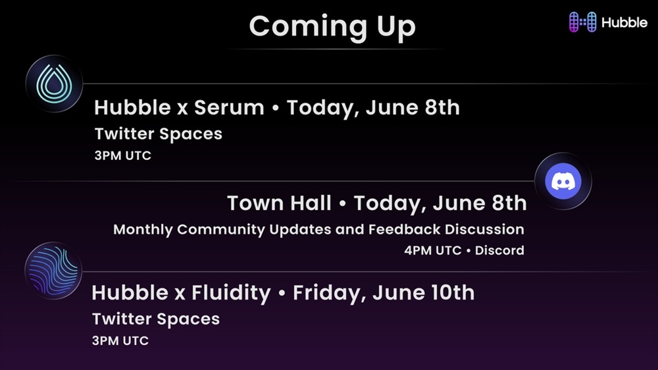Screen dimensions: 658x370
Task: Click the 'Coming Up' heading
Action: (x=332, y=27)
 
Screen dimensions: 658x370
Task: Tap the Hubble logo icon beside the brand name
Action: (x=582, y=22)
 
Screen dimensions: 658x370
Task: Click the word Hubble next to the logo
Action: (x=624, y=22)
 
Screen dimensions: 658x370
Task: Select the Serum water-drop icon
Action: (x=54, y=84)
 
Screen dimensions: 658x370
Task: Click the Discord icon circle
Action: (x=563, y=181)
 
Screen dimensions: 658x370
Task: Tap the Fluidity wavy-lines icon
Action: (x=53, y=271)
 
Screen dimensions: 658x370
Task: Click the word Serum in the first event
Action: (x=229, y=107)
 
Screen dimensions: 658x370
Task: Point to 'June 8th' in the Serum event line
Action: (x=413, y=107)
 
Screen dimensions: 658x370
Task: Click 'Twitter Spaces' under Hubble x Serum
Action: (x=158, y=134)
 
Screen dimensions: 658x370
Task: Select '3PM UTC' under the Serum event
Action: (x=122, y=155)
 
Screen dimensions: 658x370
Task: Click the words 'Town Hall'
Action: (x=279, y=203)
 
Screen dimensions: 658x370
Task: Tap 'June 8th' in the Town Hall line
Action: (x=480, y=203)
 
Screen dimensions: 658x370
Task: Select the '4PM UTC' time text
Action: (x=433, y=250)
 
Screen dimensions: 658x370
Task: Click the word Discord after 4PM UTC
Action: (x=499, y=250)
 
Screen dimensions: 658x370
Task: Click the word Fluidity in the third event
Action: (x=231, y=293)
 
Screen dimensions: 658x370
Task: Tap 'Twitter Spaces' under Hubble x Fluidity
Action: (x=156, y=319)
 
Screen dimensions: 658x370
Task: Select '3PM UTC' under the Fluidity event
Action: (x=120, y=340)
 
